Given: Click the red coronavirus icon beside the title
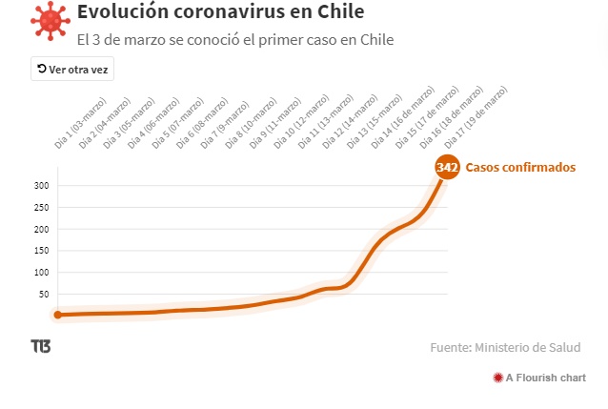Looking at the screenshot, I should point(50,22).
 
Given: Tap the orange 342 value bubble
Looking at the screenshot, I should point(447,167).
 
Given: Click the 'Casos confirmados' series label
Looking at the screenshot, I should point(520,167).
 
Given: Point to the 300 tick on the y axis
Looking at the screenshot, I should point(40,185).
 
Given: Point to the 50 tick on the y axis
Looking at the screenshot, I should point(43,294).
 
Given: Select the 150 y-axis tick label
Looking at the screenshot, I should point(40,251).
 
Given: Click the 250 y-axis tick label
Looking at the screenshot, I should point(40,207).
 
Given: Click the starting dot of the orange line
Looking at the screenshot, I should point(58,315).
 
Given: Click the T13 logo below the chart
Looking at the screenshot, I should point(41,346).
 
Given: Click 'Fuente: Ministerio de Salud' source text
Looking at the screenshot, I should point(505,348).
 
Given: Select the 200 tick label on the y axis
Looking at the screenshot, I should point(40,229).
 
